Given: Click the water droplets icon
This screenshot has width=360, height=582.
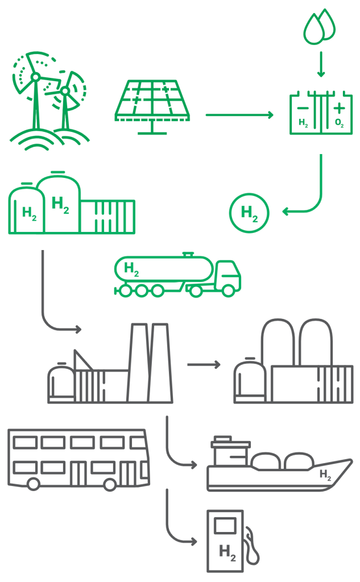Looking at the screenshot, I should coord(320,27).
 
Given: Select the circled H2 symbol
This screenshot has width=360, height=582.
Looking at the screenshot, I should coord(249,213).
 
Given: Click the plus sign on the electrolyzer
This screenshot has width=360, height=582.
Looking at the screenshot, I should coord(340,107).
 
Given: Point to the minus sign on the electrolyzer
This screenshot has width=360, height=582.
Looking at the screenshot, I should coord(303,107).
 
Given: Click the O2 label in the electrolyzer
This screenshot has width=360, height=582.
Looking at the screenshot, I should coord(340,122).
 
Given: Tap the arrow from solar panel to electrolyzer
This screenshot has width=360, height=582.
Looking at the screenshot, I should coord(239,115).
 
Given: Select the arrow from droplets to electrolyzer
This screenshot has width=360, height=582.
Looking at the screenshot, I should coord(321,64).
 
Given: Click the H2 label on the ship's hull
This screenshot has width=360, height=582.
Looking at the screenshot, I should coord(325,474).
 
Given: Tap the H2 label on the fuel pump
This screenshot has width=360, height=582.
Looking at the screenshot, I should coord(227,550).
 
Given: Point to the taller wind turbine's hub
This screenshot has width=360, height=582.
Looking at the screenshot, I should coord(35,76).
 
